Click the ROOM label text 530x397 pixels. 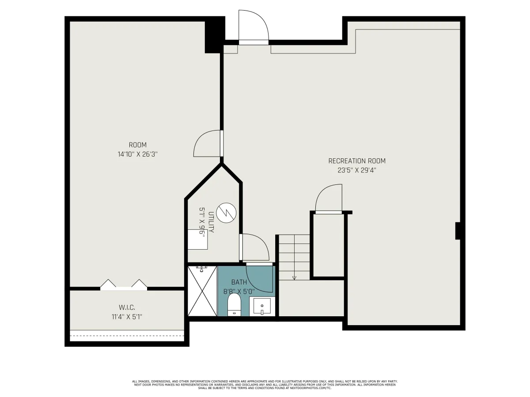[x=137, y=145]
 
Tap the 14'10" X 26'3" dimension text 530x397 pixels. [x=137, y=154]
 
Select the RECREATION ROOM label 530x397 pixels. [x=356, y=161]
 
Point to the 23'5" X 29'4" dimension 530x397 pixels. [x=356, y=170]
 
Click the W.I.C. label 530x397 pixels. [x=127, y=307]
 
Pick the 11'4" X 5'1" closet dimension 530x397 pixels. [x=127, y=317]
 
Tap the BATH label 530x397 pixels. [x=239, y=282]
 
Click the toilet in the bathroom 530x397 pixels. [x=234, y=304]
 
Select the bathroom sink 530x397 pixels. [x=262, y=307]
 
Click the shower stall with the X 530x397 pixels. [x=202, y=291]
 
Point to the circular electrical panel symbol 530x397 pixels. [x=226, y=213]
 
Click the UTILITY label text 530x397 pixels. [x=211, y=222]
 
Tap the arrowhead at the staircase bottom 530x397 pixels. [x=294, y=278]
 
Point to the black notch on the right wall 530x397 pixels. [x=458, y=231]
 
